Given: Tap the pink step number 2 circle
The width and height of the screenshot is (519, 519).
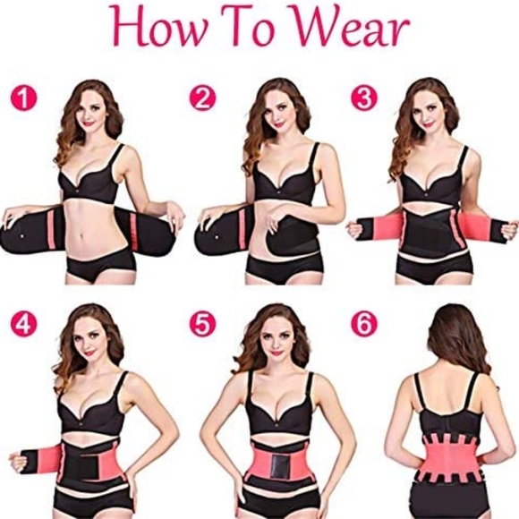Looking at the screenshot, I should (x=201, y=98).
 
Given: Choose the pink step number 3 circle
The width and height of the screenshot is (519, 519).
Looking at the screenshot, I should (x=363, y=98).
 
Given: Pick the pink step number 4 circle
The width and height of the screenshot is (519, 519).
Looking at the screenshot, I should (x=23, y=324).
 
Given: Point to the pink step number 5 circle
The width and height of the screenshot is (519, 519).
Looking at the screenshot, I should (x=202, y=324).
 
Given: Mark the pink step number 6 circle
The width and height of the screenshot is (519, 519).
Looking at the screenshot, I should (x=363, y=324).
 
